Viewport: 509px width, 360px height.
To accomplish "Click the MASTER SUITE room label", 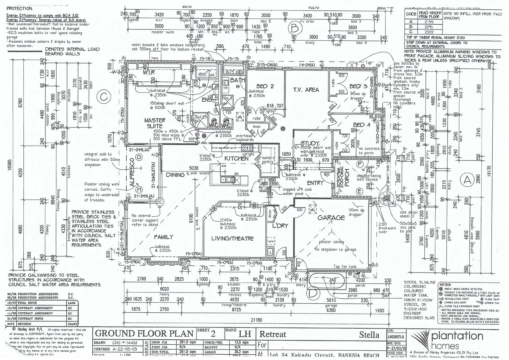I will pos(155,123).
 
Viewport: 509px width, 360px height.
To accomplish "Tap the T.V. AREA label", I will pos(306,90).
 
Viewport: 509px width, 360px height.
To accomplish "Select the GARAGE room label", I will pos(331,218).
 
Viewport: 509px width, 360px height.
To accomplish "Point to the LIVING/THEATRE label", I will pos(233,238).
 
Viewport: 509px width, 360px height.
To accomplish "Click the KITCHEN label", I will pos(236,158).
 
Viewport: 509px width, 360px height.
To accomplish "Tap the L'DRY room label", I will pos(280,226).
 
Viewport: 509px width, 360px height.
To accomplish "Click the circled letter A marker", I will pos(467,180).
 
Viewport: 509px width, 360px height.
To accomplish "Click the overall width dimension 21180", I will pos(255,320).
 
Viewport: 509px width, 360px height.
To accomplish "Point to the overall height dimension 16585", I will pos(10,167).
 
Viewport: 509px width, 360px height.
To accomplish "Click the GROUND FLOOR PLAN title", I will pos(144,333).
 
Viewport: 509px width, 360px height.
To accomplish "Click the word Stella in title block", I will pos(369,334).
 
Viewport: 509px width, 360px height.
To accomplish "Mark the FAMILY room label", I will pos(163,237).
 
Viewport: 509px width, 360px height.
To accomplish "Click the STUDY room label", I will pos(310,144).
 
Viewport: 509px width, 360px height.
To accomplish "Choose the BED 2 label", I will pos(265,86).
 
